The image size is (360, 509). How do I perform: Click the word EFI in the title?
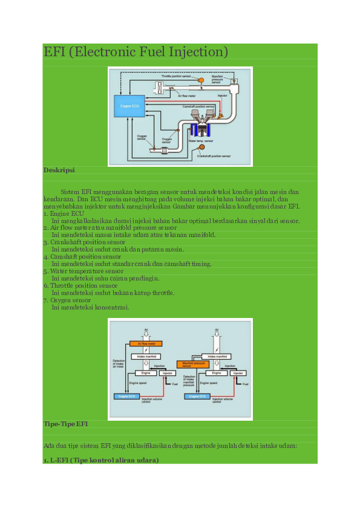pos(54,52)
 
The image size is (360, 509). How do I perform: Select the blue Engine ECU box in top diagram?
pos(129,106)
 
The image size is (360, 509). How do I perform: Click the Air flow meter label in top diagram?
pos(186,96)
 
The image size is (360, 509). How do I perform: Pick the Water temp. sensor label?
pos(201,141)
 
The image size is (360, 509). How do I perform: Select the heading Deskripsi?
pos(59,170)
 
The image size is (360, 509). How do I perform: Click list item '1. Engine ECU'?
pos(64,213)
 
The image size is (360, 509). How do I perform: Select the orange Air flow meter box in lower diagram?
pos(146,343)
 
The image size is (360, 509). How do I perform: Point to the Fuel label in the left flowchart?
pos(175,384)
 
